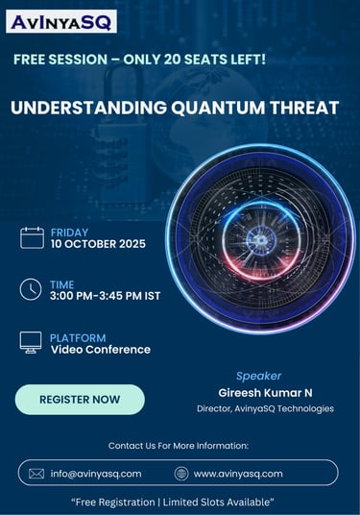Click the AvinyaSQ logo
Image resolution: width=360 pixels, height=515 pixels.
point(61,22)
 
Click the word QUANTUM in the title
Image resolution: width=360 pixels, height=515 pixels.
point(218,108)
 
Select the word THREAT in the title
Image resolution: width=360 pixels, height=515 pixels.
point(304,108)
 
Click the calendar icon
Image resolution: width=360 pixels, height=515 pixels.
point(32,237)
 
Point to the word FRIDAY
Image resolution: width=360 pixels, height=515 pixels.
point(69,233)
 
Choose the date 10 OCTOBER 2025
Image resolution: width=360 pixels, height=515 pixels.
point(98,244)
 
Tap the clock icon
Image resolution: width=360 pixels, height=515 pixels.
point(31,289)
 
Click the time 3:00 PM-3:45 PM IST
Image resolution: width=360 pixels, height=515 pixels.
point(105,296)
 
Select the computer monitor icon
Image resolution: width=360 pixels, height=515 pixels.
point(31,342)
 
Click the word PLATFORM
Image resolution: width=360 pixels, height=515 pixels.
point(78,338)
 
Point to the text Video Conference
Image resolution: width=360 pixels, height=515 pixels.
point(101,350)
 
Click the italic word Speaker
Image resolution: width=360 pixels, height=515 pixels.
point(258,376)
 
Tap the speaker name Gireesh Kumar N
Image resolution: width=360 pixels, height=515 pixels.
point(265,393)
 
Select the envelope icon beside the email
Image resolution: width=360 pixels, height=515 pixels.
point(36,474)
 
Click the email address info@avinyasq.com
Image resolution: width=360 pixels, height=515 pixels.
point(96,474)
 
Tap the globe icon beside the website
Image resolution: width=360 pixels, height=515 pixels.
point(181,474)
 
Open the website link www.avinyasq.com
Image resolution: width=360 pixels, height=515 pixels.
point(238,474)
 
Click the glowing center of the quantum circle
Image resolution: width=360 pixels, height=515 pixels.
point(261,240)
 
